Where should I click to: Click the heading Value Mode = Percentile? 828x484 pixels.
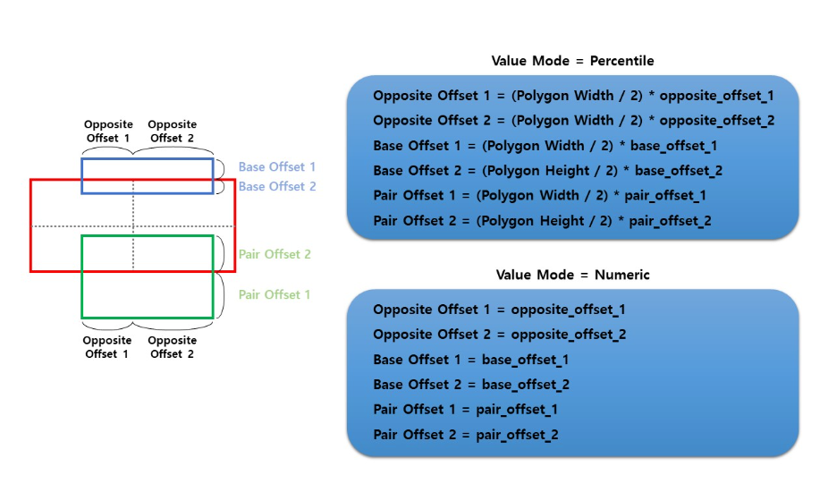[x=572, y=61]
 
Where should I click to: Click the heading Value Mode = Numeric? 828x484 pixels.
[x=572, y=275]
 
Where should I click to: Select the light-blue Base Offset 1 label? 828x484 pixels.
[x=276, y=167]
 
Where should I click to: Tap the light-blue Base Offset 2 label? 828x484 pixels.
[x=276, y=186]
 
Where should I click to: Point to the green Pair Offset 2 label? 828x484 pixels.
[x=275, y=255]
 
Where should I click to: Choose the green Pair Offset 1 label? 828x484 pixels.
[x=275, y=294]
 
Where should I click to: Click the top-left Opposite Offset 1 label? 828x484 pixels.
[x=108, y=132]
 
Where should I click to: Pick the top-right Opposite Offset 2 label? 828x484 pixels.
[x=173, y=132]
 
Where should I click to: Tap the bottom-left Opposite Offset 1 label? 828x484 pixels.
[x=107, y=347]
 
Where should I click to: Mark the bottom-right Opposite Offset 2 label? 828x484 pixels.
[x=172, y=347]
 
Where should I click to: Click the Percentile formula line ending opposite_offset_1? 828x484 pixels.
[x=573, y=95]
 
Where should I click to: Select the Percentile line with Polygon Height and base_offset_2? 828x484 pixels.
[x=547, y=170]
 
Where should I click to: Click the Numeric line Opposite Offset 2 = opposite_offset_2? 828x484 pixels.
[x=499, y=335]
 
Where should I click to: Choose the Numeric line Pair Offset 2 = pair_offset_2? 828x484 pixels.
[x=465, y=435]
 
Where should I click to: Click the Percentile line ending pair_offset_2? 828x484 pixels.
[x=543, y=220]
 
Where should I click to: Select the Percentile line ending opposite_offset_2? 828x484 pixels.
[x=573, y=120]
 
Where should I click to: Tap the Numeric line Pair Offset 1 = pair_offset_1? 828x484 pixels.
[x=465, y=410]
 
